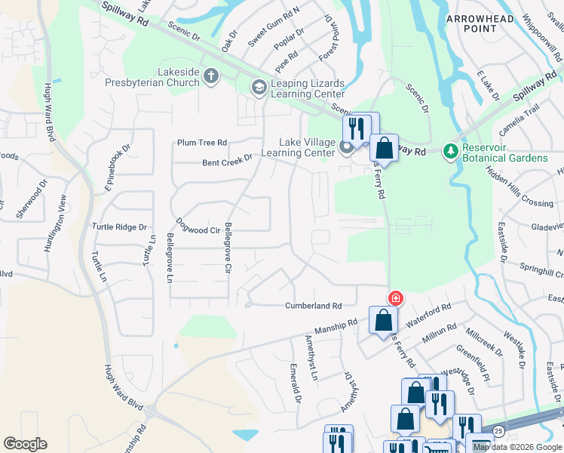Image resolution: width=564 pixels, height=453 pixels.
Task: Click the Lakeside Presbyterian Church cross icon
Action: pos(210,75)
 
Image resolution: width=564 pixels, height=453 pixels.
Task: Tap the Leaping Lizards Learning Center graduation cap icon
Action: pos(259,88)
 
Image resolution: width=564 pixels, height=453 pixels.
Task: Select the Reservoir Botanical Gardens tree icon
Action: pos(451,152)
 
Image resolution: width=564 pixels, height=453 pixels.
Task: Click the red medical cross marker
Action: pos(395,299)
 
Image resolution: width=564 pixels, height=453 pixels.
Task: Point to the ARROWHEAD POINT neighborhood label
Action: pos(480,23)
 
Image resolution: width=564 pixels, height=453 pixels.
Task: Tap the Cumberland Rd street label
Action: pos(314,306)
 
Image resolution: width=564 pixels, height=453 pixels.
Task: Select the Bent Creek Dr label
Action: pos(227,162)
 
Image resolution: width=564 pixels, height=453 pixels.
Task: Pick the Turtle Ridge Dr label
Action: pos(118,226)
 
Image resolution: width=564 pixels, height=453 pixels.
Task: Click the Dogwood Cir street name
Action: pos(198,226)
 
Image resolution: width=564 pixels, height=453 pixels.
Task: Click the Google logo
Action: pos(25,443)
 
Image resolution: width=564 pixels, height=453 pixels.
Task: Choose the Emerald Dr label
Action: pos(296,383)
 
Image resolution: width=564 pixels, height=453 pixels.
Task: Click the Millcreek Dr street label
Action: pos(485,341)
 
